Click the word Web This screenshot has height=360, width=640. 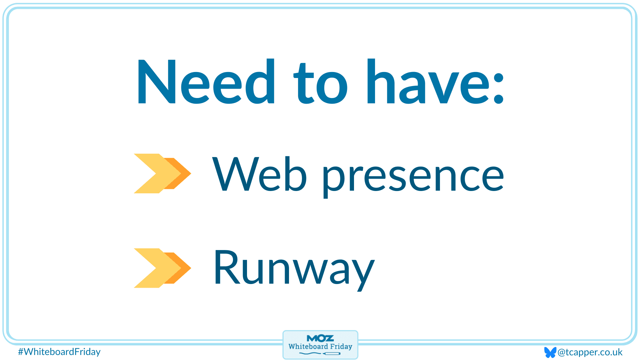point(259,174)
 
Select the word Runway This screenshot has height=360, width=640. point(294,269)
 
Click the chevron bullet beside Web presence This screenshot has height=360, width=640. point(162,173)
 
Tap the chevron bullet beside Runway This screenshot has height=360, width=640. point(162,268)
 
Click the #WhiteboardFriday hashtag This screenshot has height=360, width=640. point(59,352)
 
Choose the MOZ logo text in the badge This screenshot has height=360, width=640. point(320,338)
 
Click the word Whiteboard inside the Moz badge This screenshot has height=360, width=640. point(308,346)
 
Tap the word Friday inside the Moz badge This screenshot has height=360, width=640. point(341,347)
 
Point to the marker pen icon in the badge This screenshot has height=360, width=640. point(331,354)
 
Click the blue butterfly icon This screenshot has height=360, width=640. point(550,352)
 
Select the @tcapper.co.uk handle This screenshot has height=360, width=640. point(590,352)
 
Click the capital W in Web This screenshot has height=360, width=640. point(236,174)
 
